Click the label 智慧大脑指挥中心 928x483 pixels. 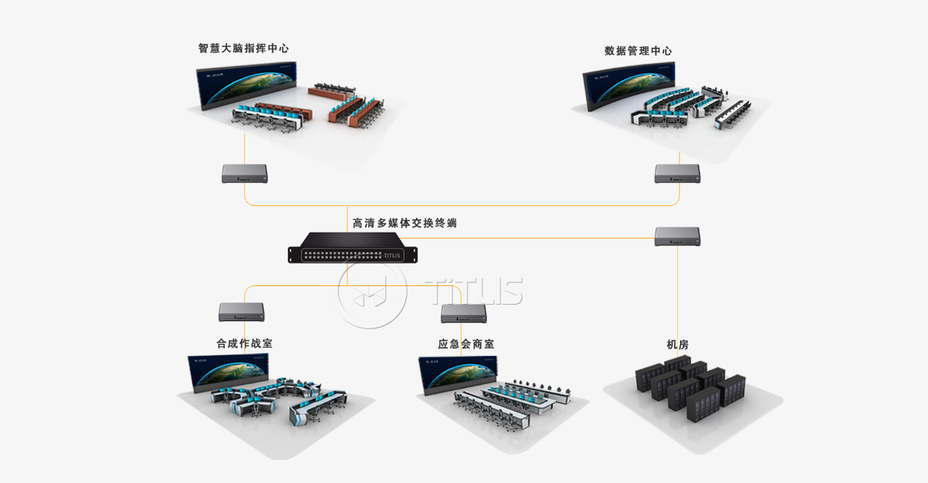click(x=244, y=48)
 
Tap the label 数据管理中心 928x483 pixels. click(x=638, y=51)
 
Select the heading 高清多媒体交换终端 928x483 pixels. click(x=404, y=223)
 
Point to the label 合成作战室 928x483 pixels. click(x=244, y=344)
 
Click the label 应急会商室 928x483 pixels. click(x=465, y=344)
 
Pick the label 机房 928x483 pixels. click(x=677, y=345)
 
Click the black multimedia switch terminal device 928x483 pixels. click(x=353, y=248)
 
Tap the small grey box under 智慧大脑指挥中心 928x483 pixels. click(x=244, y=174)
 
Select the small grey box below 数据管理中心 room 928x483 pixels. click(x=677, y=174)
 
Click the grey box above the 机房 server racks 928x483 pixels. click(x=677, y=236)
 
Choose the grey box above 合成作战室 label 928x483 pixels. click(x=241, y=312)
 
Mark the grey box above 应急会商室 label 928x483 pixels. click(x=463, y=314)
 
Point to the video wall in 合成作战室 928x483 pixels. click(x=230, y=372)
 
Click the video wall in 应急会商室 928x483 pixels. click(x=458, y=374)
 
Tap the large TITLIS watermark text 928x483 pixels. click(x=474, y=291)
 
